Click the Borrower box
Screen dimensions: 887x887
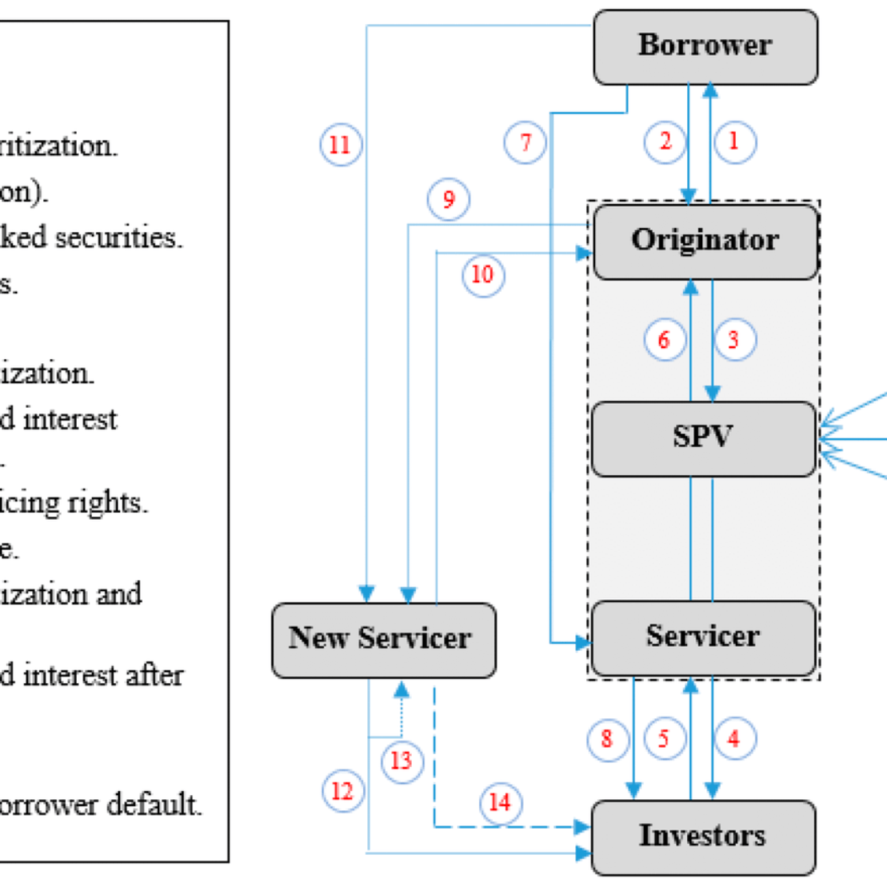coord(705,47)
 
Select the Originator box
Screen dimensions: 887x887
coord(705,241)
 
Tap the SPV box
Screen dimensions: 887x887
coord(703,438)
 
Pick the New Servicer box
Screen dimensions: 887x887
coord(383,640)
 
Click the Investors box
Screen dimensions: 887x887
coord(703,837)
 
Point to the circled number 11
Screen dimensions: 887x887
coord(341,144)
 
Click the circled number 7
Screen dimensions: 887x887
coord(525,142)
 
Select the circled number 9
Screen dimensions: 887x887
coord(449,199)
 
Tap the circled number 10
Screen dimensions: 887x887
coord(483,275)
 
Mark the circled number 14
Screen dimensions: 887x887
coord(501,803)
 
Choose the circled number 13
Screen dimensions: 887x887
coord(402,761)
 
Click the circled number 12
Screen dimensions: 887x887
coord(343,791)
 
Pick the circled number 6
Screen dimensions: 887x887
coord(665,340)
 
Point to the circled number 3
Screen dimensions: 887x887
coord(734,340)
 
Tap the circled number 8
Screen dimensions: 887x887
coord(608,739)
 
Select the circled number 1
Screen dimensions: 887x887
coord(735,141)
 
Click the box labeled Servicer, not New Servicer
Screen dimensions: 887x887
coord(703,637)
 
